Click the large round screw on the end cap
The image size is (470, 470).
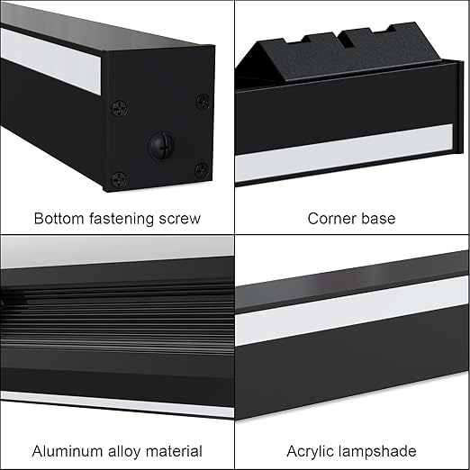click(161, 146)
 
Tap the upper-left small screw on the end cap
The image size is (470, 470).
click(120, 108)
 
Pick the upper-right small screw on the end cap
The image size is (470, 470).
click(203, 102)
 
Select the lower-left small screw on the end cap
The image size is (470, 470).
click(119, 180)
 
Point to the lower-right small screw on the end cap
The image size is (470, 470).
click(202, 170)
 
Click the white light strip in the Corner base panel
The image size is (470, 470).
click(344, 153)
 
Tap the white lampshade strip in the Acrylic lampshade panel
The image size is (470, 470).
click(352, 311)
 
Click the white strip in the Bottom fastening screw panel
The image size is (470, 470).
click(50, 61)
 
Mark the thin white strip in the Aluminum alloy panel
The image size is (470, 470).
click(117, 404)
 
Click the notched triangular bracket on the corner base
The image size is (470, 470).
click(339, 54)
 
